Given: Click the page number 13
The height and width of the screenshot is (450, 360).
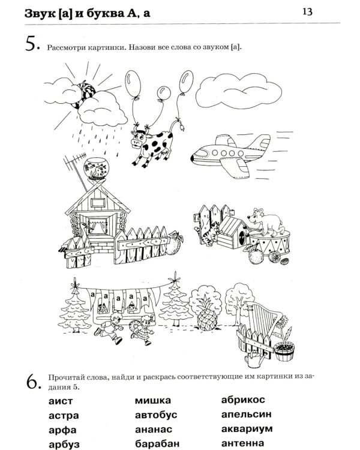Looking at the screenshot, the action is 307,12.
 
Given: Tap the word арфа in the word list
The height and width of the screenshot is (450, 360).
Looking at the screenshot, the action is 62,430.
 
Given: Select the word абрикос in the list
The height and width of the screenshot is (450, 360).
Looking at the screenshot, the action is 243,400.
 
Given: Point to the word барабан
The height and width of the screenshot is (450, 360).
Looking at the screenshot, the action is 157,443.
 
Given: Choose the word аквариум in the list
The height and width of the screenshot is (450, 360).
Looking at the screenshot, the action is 247,429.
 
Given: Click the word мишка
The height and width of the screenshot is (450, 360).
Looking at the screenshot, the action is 153,400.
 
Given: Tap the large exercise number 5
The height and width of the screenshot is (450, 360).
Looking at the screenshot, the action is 32,44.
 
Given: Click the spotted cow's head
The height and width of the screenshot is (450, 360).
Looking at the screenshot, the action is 140,139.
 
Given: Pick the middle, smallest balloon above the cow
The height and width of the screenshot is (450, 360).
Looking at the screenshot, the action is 164,93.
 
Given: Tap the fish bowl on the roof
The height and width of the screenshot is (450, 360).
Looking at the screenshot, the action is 97,169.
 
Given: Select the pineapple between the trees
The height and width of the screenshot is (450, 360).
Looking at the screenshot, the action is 207,313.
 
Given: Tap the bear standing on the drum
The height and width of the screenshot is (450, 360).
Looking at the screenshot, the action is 265,220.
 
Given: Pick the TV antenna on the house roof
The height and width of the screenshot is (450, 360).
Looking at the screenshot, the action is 75,166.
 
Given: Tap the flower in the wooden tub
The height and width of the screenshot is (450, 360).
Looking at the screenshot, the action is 285,330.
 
